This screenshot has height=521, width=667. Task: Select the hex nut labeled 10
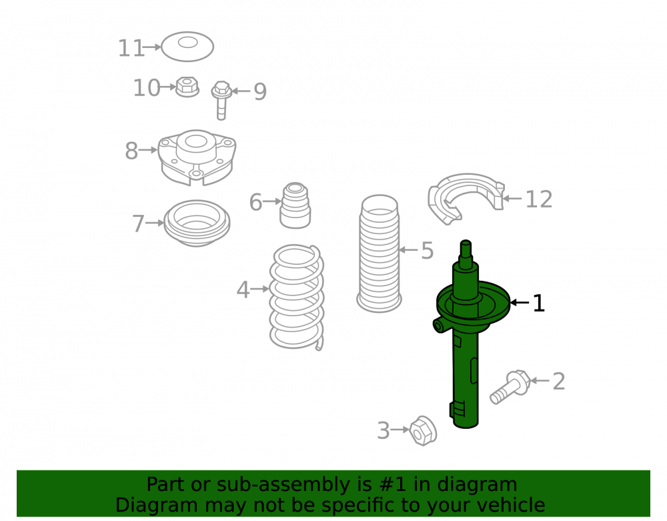(187, 87)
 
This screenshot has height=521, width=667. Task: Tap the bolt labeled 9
(221, 100)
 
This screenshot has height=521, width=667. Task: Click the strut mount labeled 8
(197, 157)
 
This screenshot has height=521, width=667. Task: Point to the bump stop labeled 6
(295, 205)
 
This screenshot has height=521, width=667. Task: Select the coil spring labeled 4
(297, 298)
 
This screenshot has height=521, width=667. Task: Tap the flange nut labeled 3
(423, 431)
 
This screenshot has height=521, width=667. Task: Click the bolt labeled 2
(510, 387)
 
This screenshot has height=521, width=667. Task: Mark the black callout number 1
(538, 304)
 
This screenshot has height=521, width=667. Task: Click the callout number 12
(539, 199)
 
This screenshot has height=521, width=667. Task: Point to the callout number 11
(131, 48)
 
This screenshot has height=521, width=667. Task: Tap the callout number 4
(243, 290)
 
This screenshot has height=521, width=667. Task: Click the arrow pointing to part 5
(409, 249)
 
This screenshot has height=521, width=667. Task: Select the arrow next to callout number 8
(148, 150)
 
